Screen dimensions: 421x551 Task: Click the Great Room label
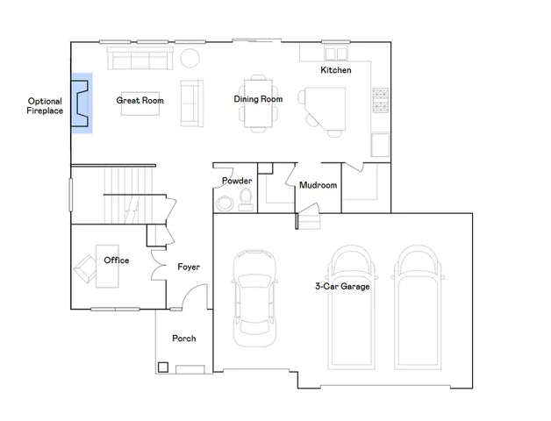pyautogui.click(x=140, y=101)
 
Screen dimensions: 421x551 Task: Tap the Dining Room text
pyautogui.click(x=258, y=99)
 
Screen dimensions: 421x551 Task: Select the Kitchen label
pyautogui.click(x=335, y=70)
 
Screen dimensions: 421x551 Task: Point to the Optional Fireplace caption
pyautogui.click(x=45, y=106)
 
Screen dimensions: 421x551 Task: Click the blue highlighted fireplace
pyautogui.click(x=82, y=103)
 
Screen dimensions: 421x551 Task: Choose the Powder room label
pyautogui.click(x=237, y=181)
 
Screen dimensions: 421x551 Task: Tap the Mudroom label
pyautogui.click(x=318, y=185)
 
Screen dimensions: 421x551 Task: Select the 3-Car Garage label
pyautogui.click(x=342, y=287)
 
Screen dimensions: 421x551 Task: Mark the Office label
pyautogui.click(x=117, y=260)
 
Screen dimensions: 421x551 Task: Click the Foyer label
pyautogui.click(x=189, y=267)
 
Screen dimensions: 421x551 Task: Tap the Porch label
pyautogui.click(x=184, y=339)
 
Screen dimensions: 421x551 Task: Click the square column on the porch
pyautogui.click(x=162, y=367)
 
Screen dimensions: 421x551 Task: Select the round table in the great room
pyautogui.click(x=190, y=59)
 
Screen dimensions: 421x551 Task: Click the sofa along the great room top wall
pyautogui.click(x=139, y=59)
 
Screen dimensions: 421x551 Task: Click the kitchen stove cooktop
pyautogui.click(x=381, y=101)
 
